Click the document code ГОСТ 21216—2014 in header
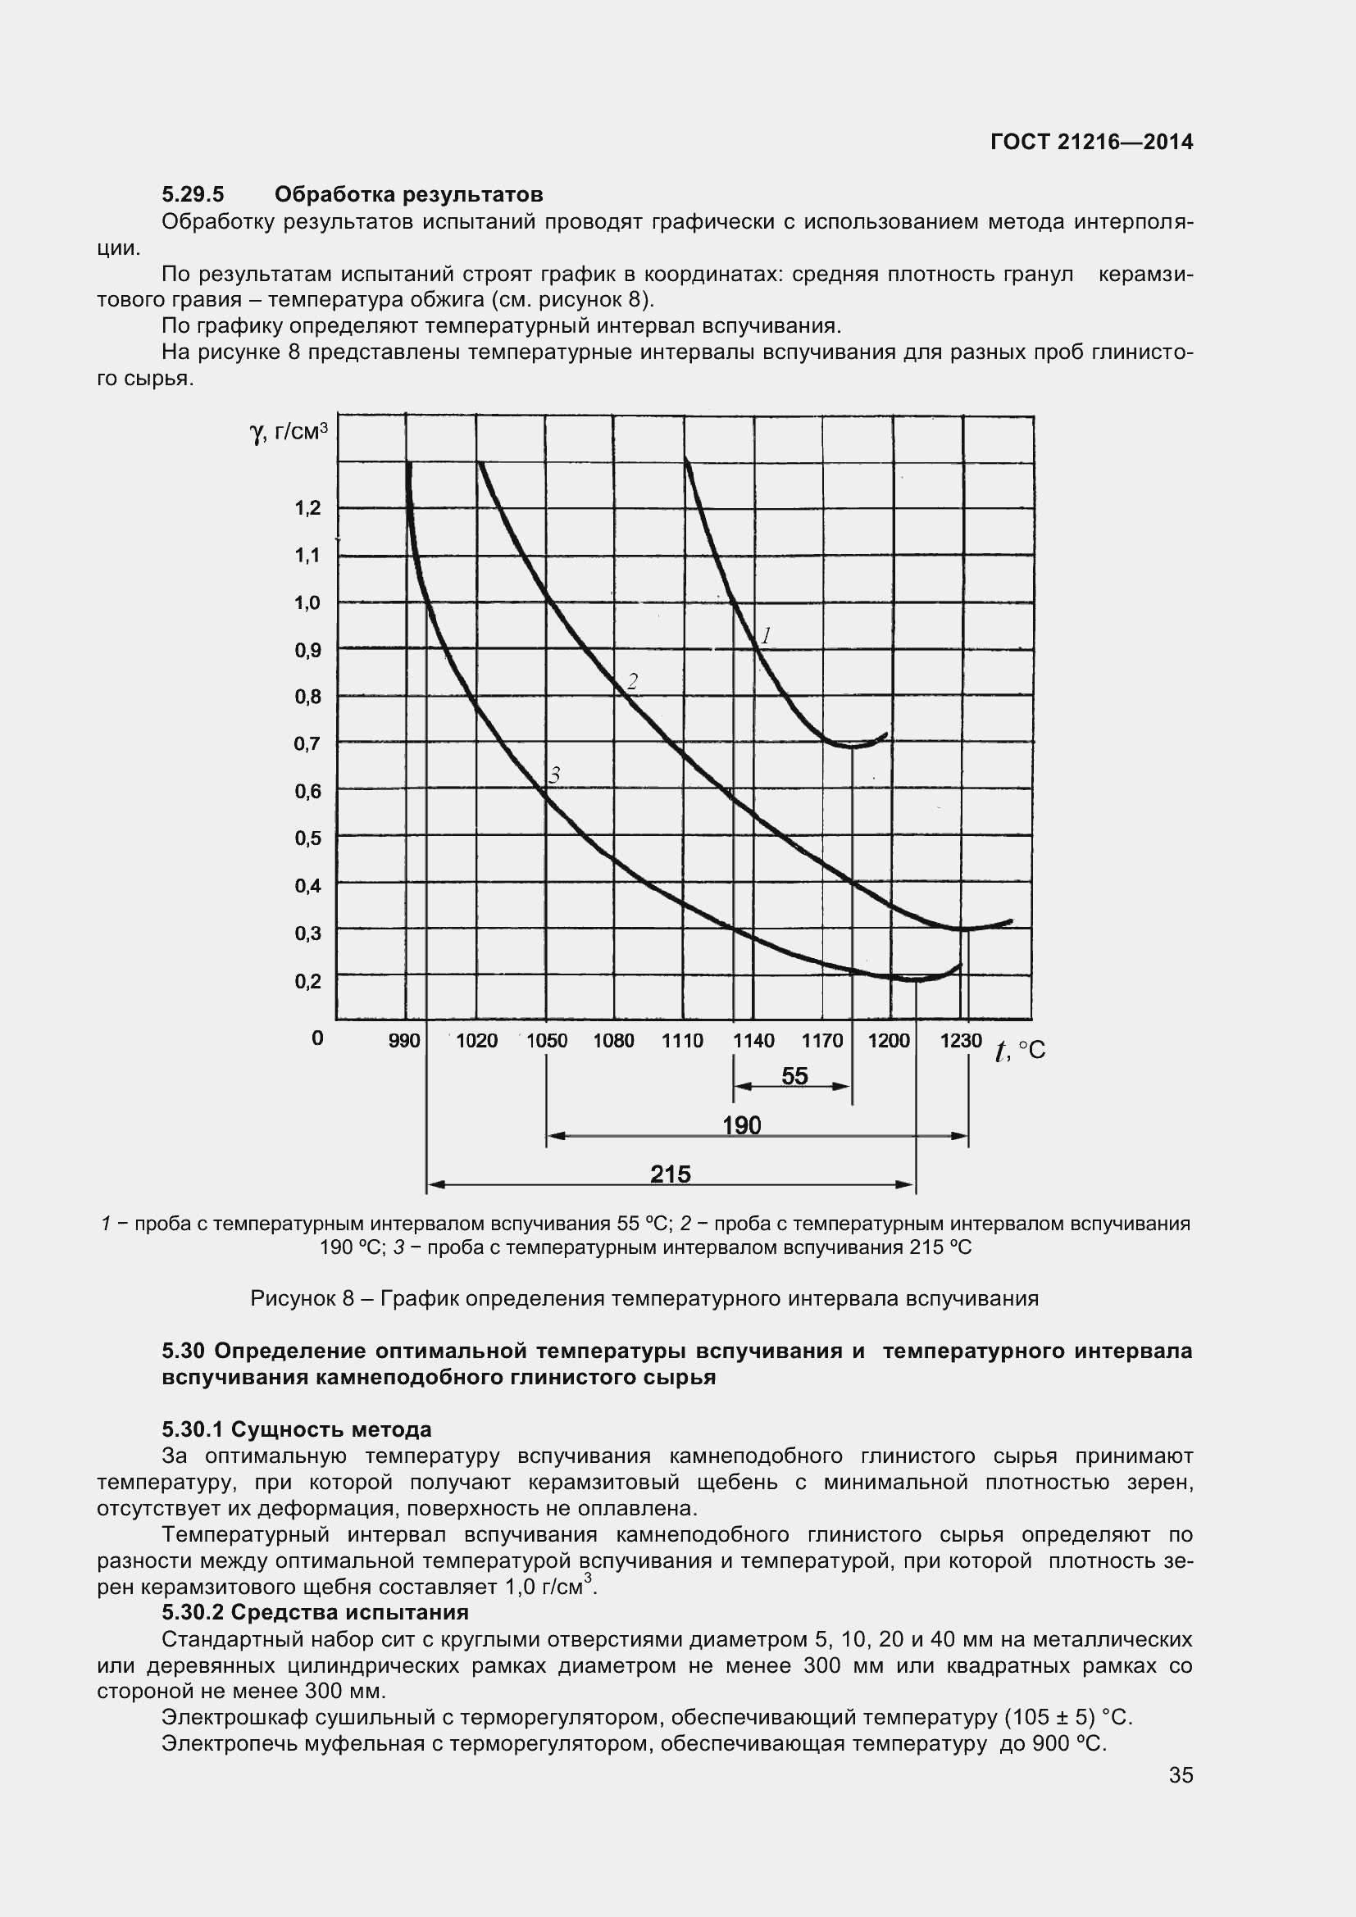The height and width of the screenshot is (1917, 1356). tap(1091, 142)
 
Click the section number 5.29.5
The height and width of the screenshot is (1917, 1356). tap(193, 194)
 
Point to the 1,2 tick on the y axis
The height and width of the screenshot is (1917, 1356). tap(307, 507)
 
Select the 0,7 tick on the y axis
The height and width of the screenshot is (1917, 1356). tap(307, 743)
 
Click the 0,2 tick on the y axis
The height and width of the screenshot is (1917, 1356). tap(307, 981)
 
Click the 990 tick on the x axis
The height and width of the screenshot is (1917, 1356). tap(405, 1040)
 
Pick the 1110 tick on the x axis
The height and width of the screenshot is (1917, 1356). tap(682, 1040)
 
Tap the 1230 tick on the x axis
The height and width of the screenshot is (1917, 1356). tap(960, 1040)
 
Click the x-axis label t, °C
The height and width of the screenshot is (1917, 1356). tap(1020, 1051)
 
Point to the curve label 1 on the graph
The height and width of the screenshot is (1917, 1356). tap(766, 636)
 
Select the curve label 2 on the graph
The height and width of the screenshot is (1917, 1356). tap(632, 682)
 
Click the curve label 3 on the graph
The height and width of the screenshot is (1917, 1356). tap(553, 775)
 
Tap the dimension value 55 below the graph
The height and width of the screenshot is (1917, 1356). tap(794, 1076)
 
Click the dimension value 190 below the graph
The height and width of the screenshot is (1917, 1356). tap(741, 1125)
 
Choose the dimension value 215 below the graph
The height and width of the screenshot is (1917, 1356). tap(671, 1174)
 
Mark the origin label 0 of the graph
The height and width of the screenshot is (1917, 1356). tap(317, 1038)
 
